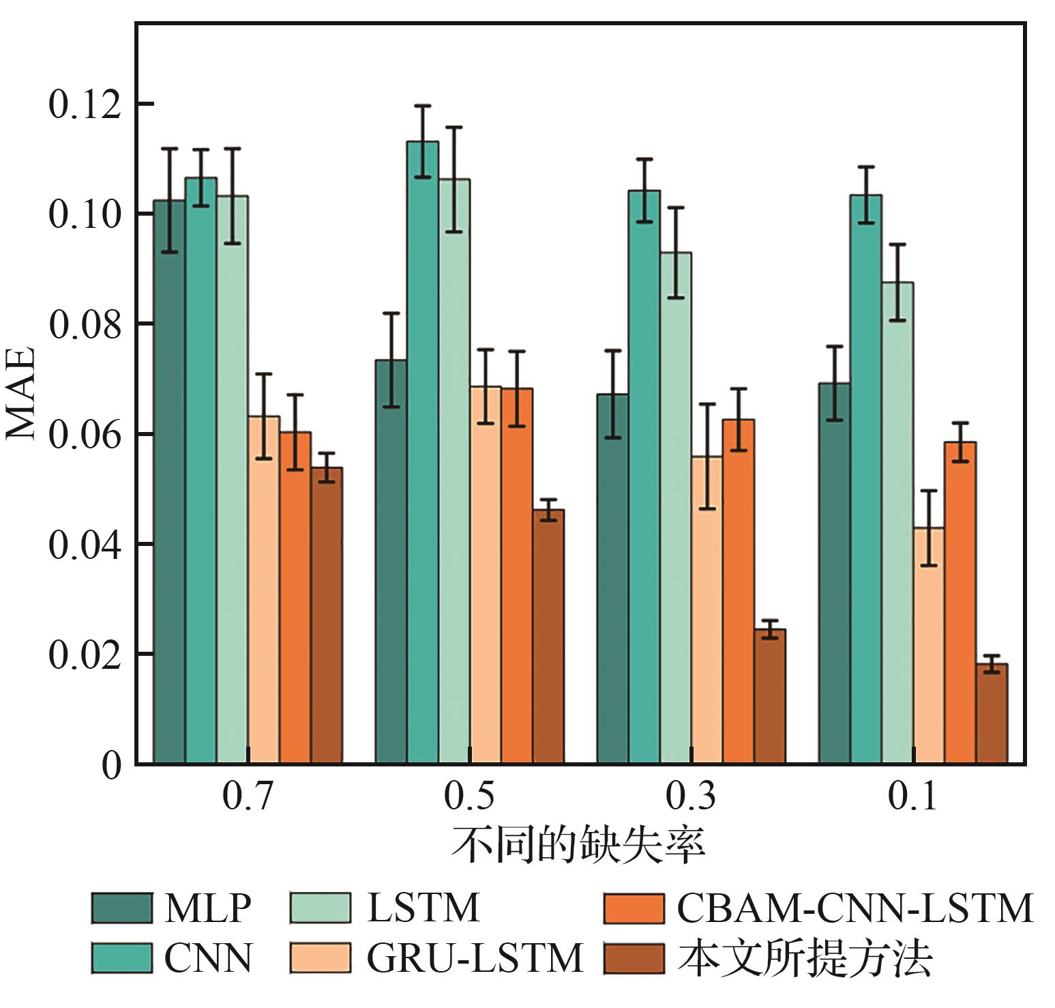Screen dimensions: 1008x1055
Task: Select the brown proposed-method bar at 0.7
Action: pos(327,615)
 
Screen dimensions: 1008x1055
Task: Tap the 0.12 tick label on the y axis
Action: pos(85,104)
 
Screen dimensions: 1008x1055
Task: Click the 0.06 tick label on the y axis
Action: pos(85,435)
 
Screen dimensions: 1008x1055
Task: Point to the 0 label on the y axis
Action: pos(111,765)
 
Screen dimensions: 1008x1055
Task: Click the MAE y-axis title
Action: pos(20,394)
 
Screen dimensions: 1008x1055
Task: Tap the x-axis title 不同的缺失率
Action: pos(578,846)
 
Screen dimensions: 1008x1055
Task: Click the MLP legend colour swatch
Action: pos(121,908)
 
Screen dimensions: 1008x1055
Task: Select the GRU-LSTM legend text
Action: pos(475,957)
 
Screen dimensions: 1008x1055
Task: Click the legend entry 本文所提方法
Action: pos(805,957)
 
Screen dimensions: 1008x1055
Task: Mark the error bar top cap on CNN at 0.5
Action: pos(423,106)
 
